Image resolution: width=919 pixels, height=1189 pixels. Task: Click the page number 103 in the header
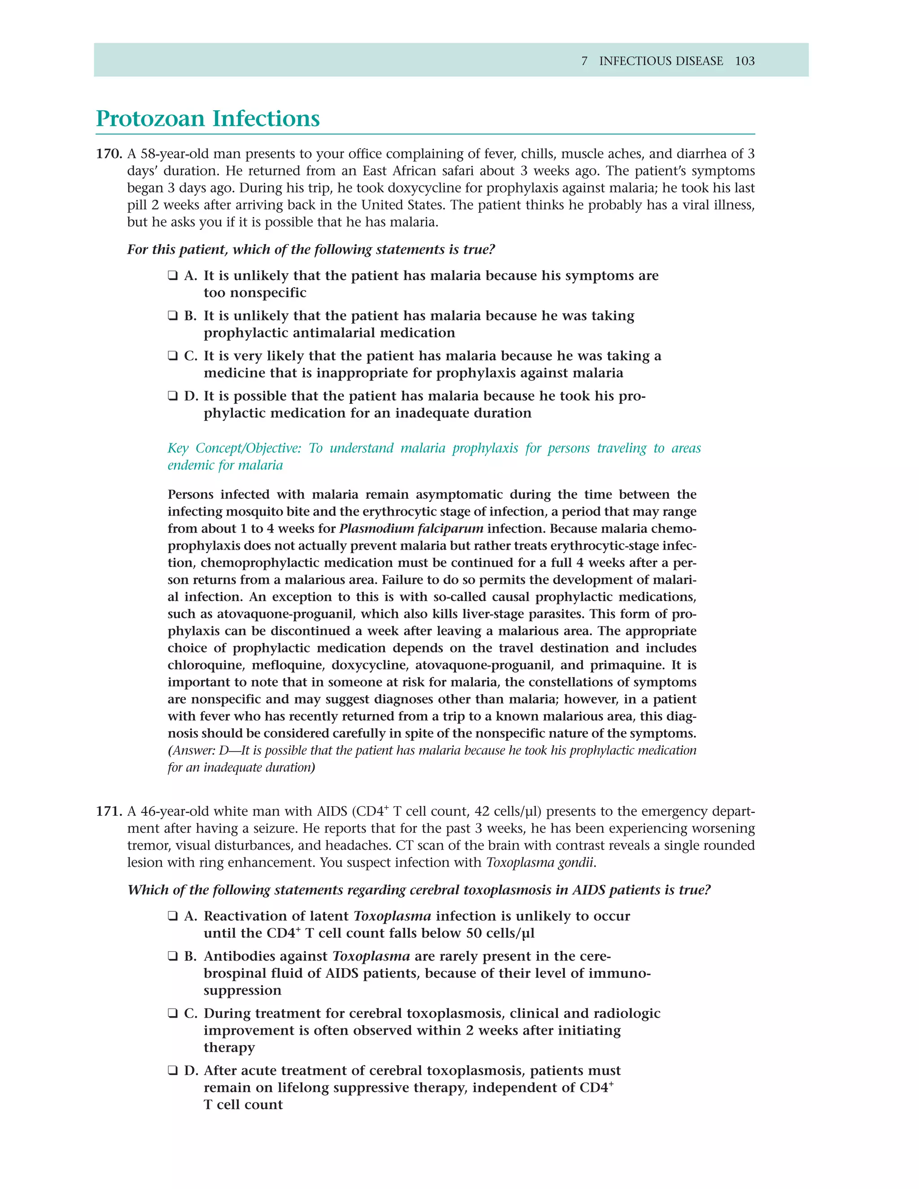tap(744, 61)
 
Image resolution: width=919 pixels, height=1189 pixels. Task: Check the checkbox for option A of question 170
tap(173, 276)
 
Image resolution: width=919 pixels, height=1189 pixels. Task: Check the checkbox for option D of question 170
tap(173, 396)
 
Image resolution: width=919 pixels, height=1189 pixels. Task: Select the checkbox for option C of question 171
tap(173, 1014)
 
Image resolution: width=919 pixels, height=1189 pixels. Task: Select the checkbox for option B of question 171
tap(173, 957)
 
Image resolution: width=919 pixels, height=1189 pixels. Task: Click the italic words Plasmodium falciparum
tap(411, 529)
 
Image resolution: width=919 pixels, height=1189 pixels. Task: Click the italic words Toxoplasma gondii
tap(539, 863)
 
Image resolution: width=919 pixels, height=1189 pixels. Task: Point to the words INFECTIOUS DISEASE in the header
tap(661, 61)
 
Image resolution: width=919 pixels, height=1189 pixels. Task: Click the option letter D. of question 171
tap(191, 1071)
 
